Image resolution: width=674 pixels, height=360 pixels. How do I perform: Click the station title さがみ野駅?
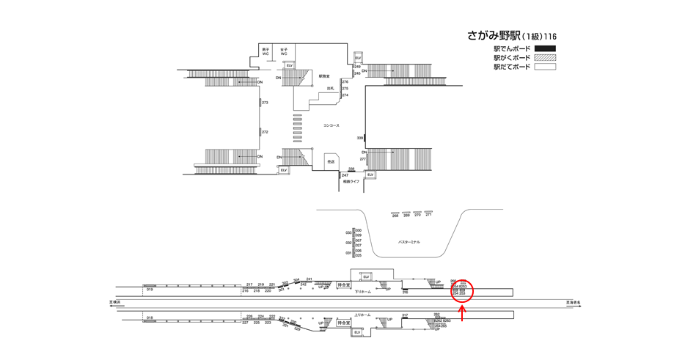(x=494, y=35)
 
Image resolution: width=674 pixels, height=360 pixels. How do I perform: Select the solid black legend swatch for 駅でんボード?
(x=545, y=49)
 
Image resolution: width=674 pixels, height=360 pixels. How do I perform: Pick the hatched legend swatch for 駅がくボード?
(x=545, y=58)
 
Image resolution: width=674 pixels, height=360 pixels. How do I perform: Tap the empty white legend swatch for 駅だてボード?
(x=545, y=67)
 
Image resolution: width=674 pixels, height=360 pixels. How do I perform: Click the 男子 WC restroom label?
(x=265, y=52)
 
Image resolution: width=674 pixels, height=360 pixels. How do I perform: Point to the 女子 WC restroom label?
(x=284, y=52)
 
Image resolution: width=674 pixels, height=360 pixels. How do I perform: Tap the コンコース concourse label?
(x=331, y=125)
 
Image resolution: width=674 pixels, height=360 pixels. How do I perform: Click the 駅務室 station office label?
(x=324, y=76)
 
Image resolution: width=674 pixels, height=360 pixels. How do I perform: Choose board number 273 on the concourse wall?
(x=265, y=103)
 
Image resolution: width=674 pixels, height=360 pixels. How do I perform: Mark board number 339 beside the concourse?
(x=360, y=138)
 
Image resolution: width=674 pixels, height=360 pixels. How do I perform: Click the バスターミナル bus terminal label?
(x=409, y=242)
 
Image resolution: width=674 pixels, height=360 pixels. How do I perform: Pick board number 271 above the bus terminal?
(x=428, y=215)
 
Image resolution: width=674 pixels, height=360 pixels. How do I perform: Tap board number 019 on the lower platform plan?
(x=150, y=290)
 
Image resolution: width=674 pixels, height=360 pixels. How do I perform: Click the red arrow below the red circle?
(x=463, y=313)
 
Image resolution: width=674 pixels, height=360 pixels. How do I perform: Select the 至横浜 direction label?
(x=114, y=301)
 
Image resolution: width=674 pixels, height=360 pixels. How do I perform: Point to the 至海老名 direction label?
(x=573, y=301)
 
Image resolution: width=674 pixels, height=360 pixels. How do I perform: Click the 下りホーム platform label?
(x=363, y=291)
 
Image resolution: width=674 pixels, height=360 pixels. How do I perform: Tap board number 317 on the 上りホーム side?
(x=405, y=315)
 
